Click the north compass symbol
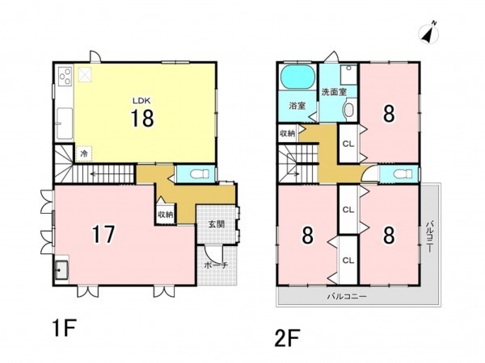(428, 32)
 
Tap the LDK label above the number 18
(141, 100)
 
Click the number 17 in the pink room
(103, 235)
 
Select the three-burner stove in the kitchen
(65, 76)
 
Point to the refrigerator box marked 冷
(84, 153)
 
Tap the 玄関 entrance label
(216, 224)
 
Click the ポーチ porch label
(216, 265)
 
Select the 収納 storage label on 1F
(166, 215)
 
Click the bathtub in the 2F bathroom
(297, 77)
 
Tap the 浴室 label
(297, 106)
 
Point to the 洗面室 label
(334, 92)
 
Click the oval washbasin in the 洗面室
(349, 110)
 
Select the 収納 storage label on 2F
(287, 134)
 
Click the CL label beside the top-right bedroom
(348, 144)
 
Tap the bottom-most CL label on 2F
(348, 261)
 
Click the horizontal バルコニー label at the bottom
(347, 297)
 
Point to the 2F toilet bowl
(402, 173)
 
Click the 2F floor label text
(287, 338)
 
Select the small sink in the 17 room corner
(62, 269)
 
